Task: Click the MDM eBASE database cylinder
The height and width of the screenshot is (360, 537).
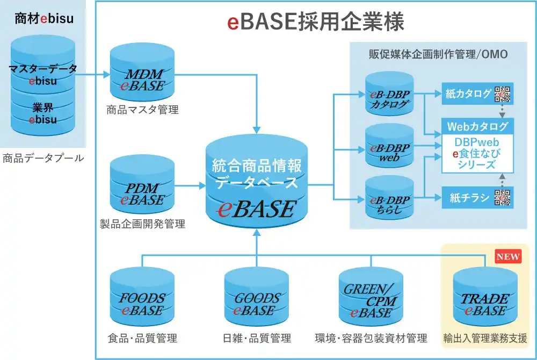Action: (x=142, y=73)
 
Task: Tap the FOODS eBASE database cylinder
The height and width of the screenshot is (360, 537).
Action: (x=142, y=298)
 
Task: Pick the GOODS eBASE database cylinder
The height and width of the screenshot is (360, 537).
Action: (x=257, y=298)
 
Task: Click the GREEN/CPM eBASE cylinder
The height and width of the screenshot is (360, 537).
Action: (x=371, y=298)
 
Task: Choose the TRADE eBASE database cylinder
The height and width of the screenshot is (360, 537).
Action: (x=485, y=298)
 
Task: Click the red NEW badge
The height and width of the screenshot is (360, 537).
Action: (x=508, y=256)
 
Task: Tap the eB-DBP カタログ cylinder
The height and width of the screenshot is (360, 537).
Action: (x=389, y=95)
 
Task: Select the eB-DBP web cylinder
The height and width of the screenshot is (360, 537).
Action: (x=389, y=147)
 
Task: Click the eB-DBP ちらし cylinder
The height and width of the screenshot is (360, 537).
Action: (x=389, y=199)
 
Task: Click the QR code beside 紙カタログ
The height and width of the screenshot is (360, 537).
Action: (x=503, y=94)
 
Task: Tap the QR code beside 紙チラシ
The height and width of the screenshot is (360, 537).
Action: (x=503, y=198)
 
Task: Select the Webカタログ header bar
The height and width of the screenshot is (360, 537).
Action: (x=477, y=127)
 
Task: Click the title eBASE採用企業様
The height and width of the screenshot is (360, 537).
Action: (x=316, y=22)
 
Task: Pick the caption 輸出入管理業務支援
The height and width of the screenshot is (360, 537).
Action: (x=485, y=338)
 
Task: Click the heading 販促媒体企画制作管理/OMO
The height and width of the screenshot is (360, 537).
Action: (x=438, y=54)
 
